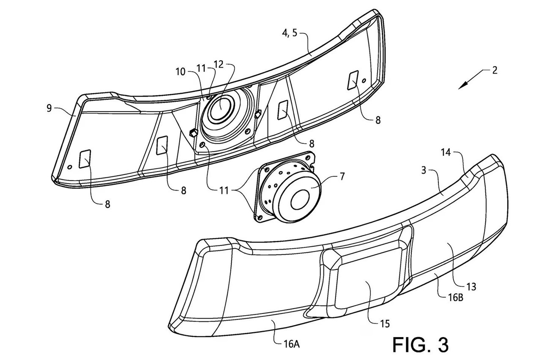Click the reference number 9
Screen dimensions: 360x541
49,108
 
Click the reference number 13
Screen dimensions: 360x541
472,286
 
